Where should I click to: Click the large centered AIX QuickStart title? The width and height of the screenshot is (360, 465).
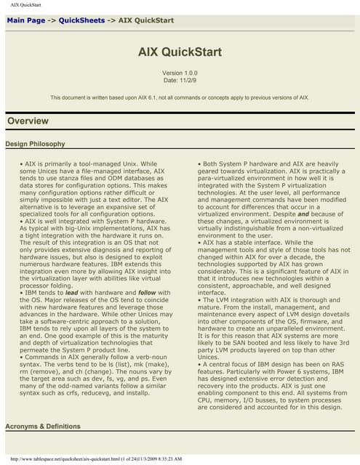[x=180, y=52]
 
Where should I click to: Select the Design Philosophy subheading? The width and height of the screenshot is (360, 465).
[x=35, y=144]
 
